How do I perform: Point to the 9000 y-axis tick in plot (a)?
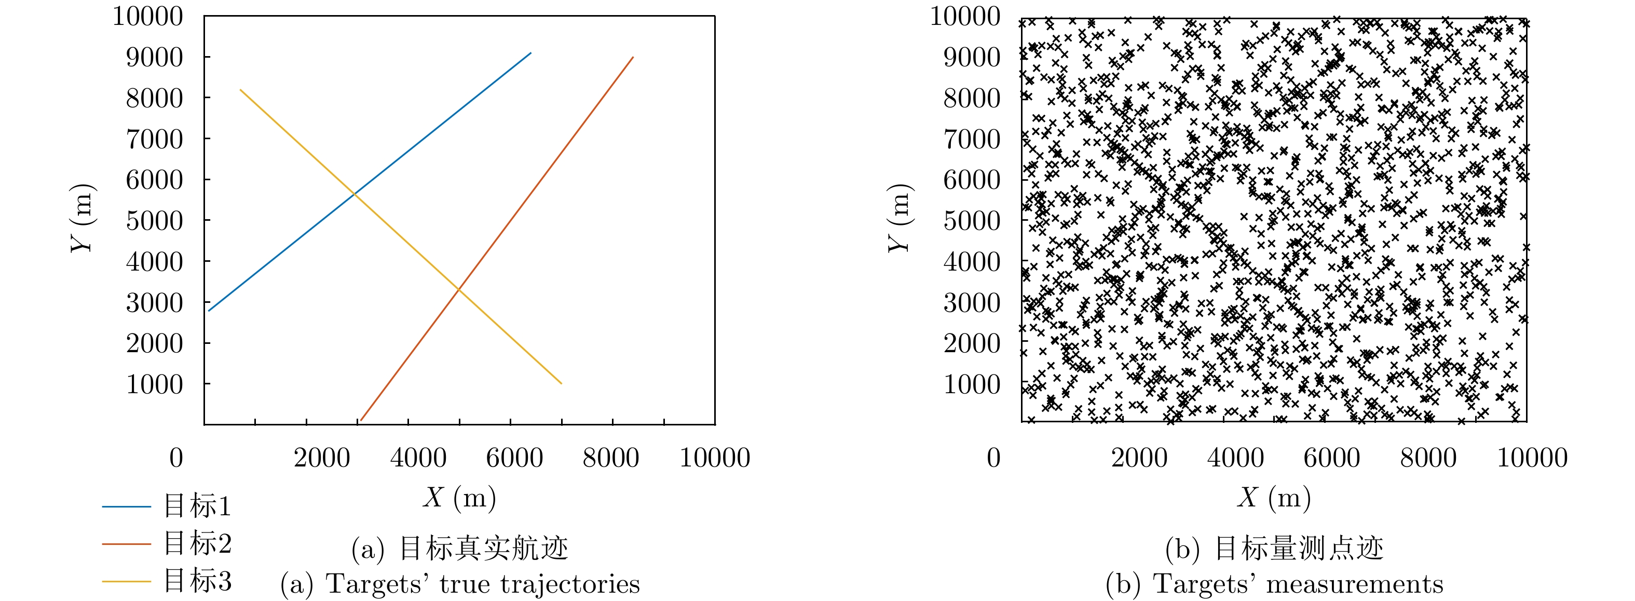tap(154, 57)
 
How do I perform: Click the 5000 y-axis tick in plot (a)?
tap(154, 220)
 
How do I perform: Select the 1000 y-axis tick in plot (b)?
tap(972, 384)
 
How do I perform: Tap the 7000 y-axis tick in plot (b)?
tap(972, 139)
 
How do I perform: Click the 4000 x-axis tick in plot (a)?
tap(418, 458)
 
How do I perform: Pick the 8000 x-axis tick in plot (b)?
tap(1428, 458)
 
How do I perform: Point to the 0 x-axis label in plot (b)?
tap(994, 458)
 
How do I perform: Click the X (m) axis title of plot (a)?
tap(459, 498)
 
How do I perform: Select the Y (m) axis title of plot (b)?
tap(900, 218)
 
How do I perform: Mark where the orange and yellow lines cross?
tap(458, 290)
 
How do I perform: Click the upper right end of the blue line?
tap(530, 53)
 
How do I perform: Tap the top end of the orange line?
tap(633, 57)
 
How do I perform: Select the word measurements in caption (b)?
tap(1355, 584)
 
